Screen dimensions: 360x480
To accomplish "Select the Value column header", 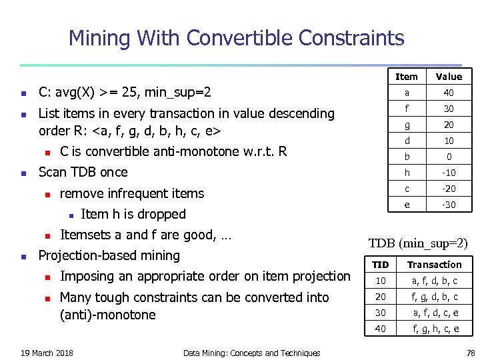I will click(x=449, y=77).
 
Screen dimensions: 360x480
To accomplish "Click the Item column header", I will click(x=407, y=77).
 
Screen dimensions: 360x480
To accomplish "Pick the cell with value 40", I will click(x=449, y=93).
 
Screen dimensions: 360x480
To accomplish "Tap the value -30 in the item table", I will click(x=449, y=205).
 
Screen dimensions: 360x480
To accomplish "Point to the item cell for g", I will click(x=407, y=125).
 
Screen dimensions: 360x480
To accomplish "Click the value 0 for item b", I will click(x=449, y=157).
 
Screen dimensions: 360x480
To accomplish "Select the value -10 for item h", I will click(x=449, y=173).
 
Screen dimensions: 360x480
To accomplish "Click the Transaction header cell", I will click(x=435, y=265).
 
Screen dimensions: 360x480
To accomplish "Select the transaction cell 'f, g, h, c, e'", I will click(x=435, y=329).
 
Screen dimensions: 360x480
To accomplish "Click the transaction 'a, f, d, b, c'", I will click(x=435, y=281).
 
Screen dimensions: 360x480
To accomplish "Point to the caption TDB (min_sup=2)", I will click(x=419, y=243).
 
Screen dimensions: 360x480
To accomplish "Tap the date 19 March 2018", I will click(x=47, y=353).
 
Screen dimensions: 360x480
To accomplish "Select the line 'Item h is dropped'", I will click(x=133, y=214).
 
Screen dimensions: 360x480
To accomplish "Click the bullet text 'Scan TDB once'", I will click(x=83, y=172).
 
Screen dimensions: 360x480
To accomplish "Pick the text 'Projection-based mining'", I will click(x=109, y=255).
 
